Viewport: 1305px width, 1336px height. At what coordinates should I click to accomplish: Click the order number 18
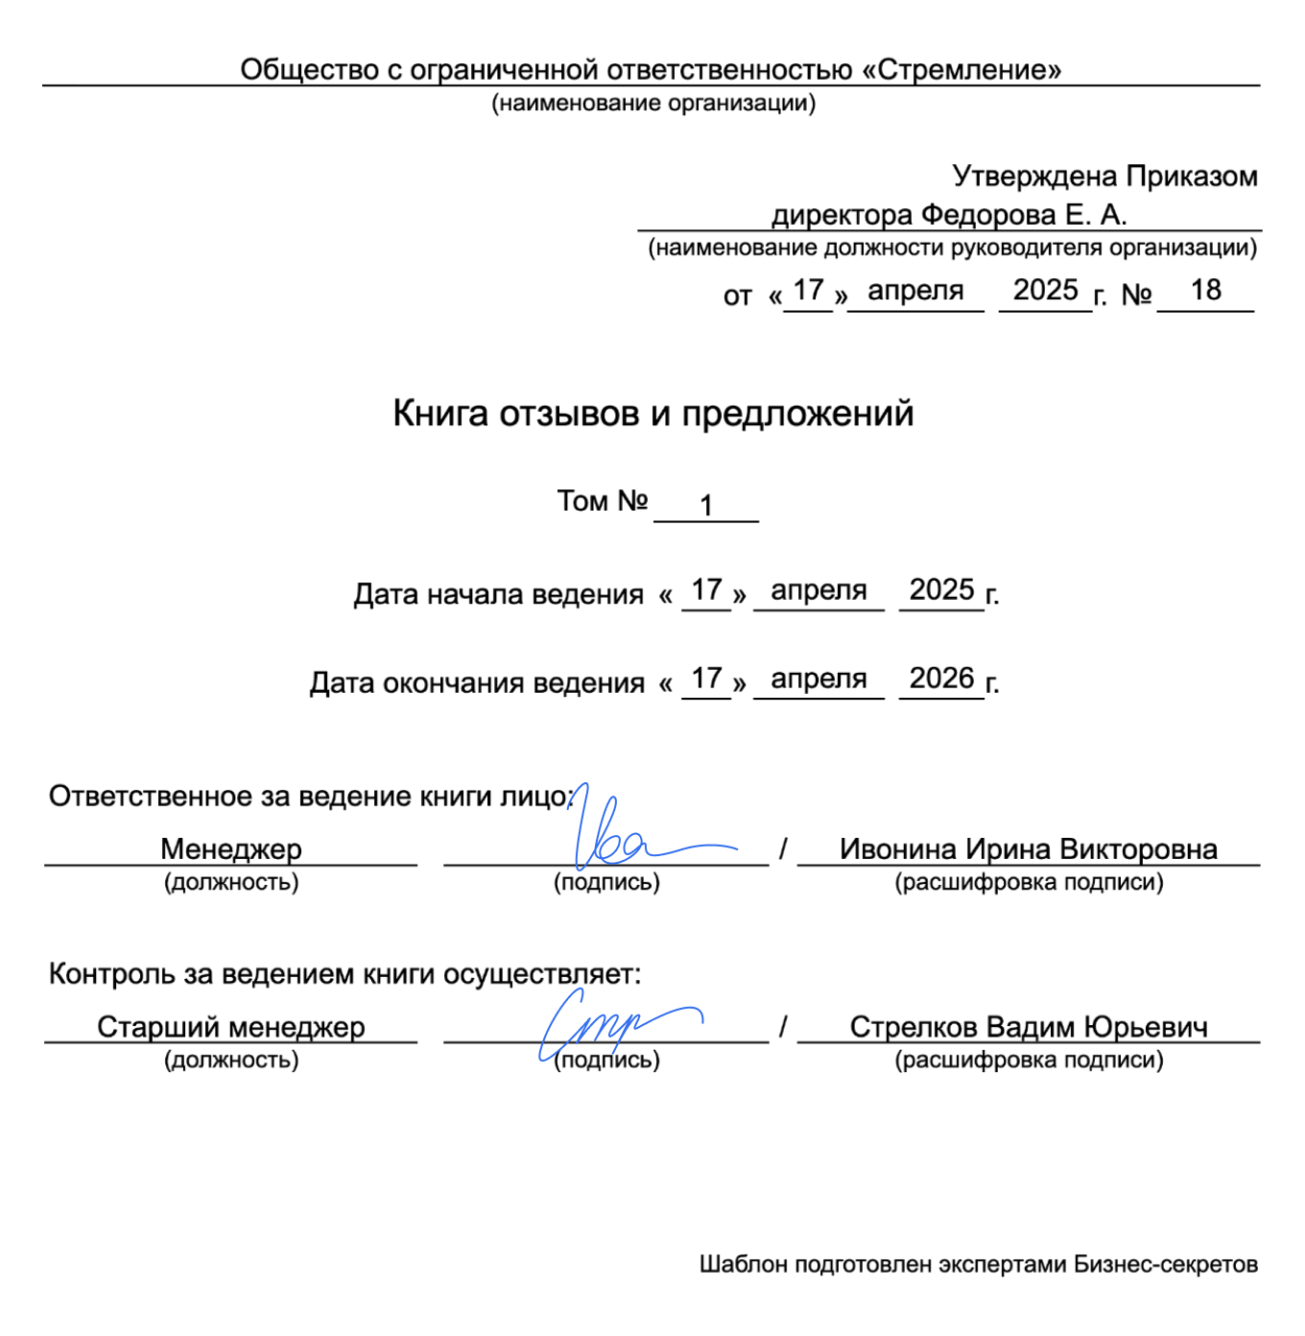point(1205,290)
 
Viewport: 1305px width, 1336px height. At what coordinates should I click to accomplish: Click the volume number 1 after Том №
point(706,505)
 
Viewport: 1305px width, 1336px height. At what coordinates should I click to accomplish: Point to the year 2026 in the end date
point(941,679)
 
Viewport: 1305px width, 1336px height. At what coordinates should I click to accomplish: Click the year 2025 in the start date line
point(941,589)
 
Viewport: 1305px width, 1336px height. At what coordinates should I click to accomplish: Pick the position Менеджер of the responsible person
point(230,848)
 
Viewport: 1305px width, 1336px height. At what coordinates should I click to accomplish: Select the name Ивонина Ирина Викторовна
point(1028,848)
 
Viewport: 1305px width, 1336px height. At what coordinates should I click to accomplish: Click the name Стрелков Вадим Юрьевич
point(1028,1027)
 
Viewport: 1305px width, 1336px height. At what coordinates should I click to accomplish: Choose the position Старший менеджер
point(230,1027)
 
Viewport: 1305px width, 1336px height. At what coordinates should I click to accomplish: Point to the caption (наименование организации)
point(653,104)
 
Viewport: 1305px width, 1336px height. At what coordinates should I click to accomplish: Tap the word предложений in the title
point(797,414)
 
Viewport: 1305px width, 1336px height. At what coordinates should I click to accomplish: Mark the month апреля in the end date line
point(819,679)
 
